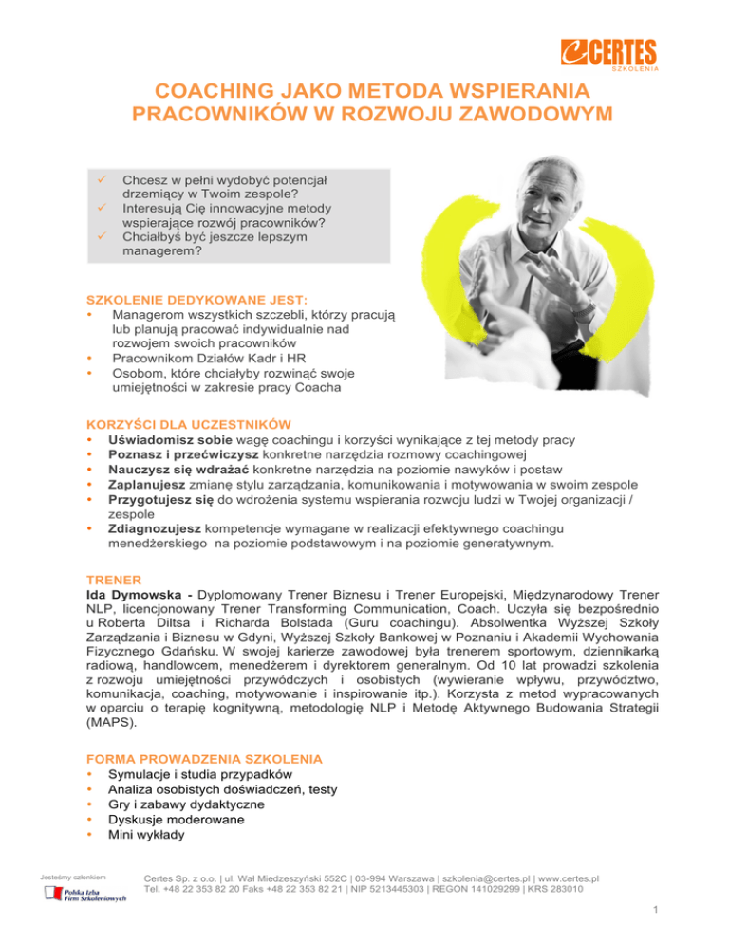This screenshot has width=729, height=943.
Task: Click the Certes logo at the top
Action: tap(606, 52)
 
